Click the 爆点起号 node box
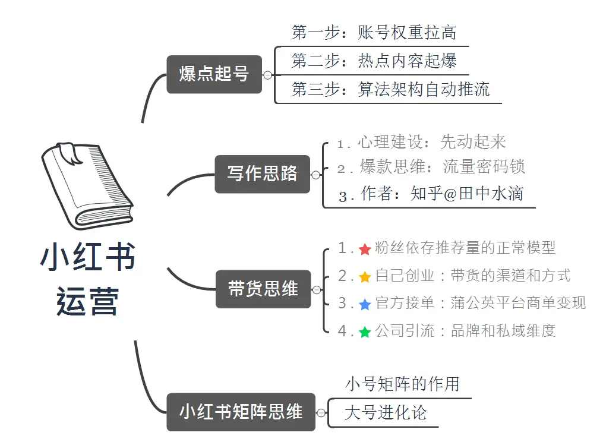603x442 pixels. point(214,74)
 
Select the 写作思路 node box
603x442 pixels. point(262,174)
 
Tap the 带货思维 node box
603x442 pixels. point(263,289)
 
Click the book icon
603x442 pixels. point(87,184)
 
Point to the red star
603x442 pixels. point(365,249)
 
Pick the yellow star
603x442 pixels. point(365,277)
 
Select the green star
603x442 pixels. point(365,332)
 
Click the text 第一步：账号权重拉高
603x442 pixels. point(374,33)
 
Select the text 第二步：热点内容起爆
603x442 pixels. point(374,61)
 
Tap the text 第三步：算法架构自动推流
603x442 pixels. point(390,89)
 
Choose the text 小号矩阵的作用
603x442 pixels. point(402,384)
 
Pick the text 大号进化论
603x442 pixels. point(385,412)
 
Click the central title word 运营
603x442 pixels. point(87,301)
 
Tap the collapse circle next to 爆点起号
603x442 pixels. point(267,75)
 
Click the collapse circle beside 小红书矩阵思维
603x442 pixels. point(321,412)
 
